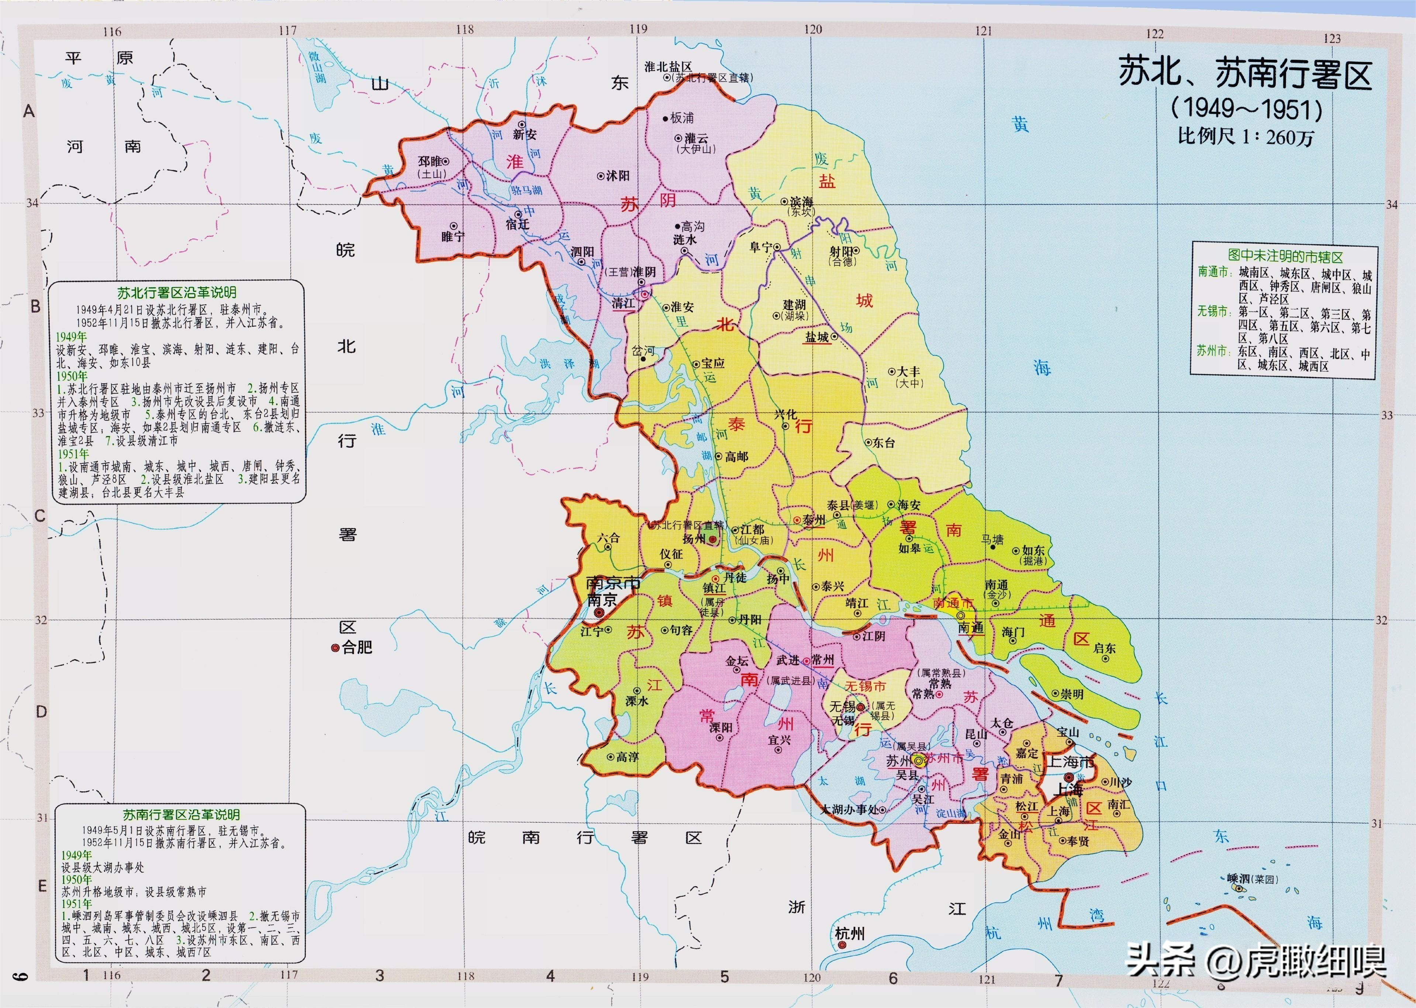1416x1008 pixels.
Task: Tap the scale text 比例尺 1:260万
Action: coord(1246,137)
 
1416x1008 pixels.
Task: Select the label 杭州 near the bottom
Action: coord(849,933)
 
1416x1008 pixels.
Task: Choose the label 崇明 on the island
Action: coord(1072,694)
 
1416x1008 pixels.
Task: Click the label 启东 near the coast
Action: coord(1105,648)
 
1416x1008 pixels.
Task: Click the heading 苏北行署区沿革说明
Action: coord(177,292)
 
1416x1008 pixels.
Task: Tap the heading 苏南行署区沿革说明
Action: coord(180,814)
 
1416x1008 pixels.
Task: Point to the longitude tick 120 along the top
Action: coord(812,29)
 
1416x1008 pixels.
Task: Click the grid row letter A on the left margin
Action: coord(28,112)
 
